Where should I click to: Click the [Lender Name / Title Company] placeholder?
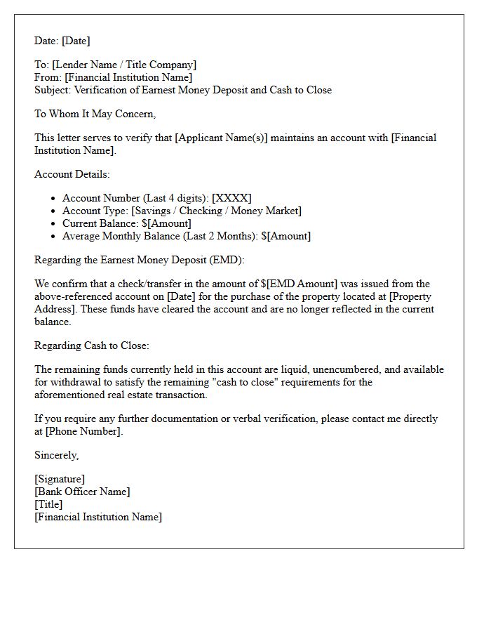click(x=124, y=65)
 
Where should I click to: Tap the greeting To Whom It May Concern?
click(x=95, y=114)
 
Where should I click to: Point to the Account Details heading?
click(x=72, y=174)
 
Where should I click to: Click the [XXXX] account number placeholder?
click(x=231, y=198)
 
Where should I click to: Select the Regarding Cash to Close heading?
click(x=92, y=345)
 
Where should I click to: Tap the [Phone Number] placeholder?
click(x=84, y=431)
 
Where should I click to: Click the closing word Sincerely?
click(x=56, y=455)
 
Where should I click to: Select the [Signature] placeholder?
click(x=60, y=479)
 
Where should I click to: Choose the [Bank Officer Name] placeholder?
click(x=82, y=492)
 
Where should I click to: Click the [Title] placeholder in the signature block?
click(x=48, y=504)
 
